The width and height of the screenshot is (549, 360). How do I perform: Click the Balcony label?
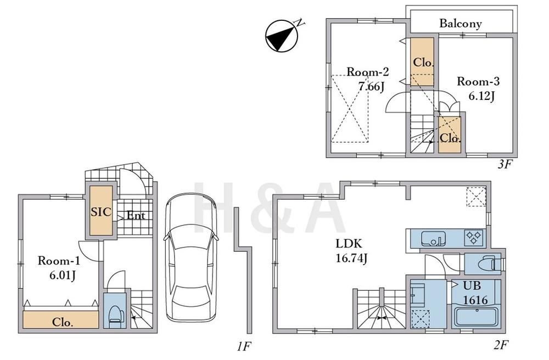461,24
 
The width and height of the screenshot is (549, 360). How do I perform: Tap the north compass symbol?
282,36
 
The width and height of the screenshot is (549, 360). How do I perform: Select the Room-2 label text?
368,72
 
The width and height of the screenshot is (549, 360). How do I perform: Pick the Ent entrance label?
136,216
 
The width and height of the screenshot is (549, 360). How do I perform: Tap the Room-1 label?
59,261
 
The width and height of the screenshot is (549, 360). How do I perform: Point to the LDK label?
349,243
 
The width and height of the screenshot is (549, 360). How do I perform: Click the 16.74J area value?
351,258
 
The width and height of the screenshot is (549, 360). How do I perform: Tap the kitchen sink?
434,238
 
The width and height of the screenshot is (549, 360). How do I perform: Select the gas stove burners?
474,237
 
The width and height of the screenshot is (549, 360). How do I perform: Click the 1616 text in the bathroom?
475,300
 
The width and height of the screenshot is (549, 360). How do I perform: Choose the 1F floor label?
244,347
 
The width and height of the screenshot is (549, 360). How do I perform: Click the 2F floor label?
501,345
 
